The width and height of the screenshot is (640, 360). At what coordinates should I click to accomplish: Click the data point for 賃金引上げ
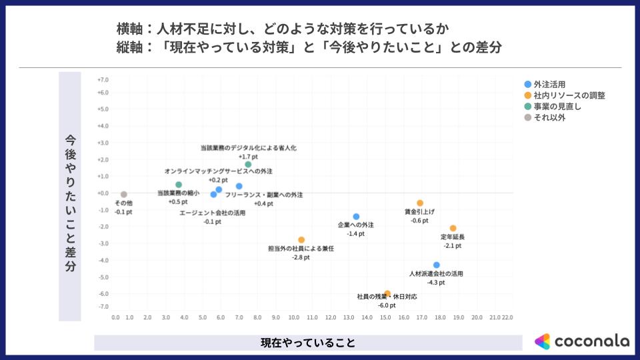pyautogui.click(x=420, y=203)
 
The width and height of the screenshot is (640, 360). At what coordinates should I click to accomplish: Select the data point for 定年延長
pyautogui.click(x=453, y=228)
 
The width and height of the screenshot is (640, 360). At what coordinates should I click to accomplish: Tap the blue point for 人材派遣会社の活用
pyautogui.click(x=437, y=265)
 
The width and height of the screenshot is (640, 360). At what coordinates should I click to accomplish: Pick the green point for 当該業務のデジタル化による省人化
pyautogui.click(x=248, y=164)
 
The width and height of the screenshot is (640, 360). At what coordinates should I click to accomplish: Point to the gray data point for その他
pyautogui.click(x=123, y=194)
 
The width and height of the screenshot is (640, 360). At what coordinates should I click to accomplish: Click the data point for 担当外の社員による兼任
pyautogui.click(x=301, y=239)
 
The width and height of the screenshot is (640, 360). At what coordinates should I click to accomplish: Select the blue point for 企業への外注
pyautogui.click(x=356, y=216)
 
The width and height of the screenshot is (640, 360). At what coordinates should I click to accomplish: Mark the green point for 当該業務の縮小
pyautogui.click(x=179, y=185)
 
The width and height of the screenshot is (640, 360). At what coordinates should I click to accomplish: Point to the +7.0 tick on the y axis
pyautogui.click(x=103, y=80)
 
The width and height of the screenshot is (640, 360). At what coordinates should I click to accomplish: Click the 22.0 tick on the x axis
pyautogui.click(x=507, y=318)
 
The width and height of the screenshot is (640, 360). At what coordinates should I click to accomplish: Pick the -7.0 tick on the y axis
pyautogui.click(x=103, y=307)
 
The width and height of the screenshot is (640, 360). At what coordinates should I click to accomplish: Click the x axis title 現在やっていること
pyautogui.click(x=307, y=343)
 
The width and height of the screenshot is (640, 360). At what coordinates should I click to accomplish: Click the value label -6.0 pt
pyautogui.click(x=386, y=305)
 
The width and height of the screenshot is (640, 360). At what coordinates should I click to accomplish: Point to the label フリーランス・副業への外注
pyautogui.click(x=264, y=195)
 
